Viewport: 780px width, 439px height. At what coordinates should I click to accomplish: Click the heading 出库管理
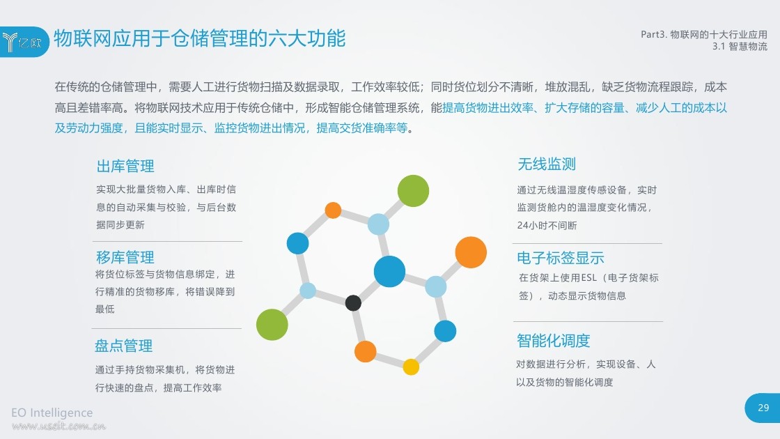point(125,166)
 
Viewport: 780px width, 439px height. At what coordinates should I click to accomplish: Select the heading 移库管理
point(125,257)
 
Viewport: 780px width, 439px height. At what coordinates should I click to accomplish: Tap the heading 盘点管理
point(124,346)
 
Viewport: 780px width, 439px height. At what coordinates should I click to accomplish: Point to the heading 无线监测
point(547,164)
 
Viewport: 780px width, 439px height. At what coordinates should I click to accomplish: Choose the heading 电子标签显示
point(561,257)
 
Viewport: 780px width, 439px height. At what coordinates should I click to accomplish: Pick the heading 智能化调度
point(553,341)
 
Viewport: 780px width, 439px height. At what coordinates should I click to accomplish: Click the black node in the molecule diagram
point(353,302)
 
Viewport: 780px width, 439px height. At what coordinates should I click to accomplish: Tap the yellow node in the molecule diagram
point(411,367)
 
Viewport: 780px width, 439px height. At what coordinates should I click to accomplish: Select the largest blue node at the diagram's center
point(389,271)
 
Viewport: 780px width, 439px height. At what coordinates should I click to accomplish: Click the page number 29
point(763,408)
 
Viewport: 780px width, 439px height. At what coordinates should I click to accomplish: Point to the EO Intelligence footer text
point(52,413)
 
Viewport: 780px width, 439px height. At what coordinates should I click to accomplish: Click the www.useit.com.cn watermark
point(58,426)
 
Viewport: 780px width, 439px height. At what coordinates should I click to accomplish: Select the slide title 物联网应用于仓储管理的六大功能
point(199,38)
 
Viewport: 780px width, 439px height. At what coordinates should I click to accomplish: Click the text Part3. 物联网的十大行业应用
point(704,34)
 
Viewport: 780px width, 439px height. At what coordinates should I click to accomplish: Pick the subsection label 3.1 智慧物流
point(740,46)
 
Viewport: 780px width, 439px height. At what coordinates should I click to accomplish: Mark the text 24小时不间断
point(547,225)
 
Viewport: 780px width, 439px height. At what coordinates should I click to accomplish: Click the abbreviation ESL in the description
point(588,278)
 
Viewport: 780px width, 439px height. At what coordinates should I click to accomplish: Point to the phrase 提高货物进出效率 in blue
point(487,107)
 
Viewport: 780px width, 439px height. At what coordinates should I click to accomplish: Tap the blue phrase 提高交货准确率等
point(362,128)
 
